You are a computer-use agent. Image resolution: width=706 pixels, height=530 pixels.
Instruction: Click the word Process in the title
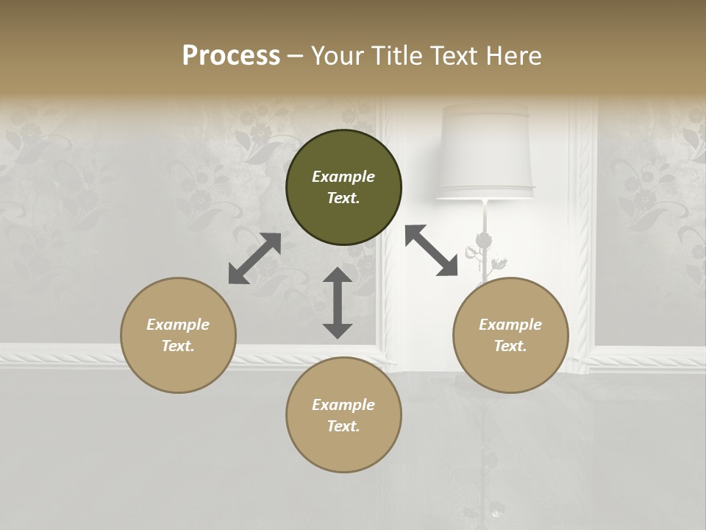[231, 55]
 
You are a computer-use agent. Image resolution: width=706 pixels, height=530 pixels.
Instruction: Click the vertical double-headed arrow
[338, 303]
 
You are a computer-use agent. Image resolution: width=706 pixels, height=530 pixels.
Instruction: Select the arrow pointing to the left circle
[254, 258]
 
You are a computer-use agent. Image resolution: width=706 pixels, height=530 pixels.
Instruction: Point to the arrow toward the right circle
[432, 250]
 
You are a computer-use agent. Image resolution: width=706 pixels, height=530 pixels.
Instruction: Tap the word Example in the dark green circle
[343, 177]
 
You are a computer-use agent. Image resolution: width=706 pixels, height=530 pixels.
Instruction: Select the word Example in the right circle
[510, 325]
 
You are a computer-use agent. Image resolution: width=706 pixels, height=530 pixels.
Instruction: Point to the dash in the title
[296, 56]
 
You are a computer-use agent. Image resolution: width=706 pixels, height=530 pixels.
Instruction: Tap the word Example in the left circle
[178, 325]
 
